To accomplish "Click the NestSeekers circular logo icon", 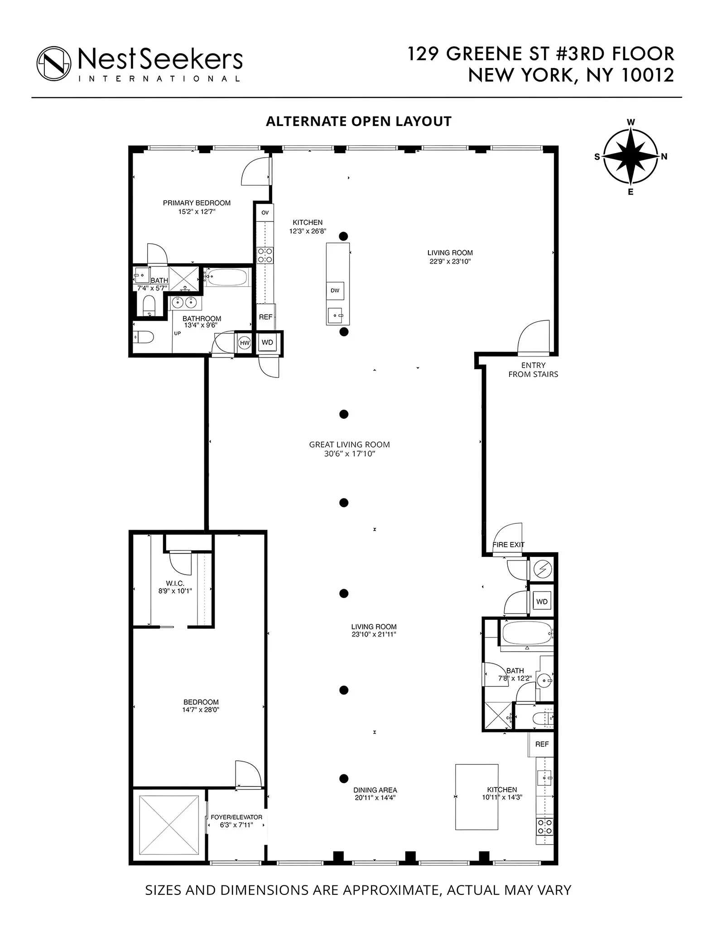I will coord(54,63).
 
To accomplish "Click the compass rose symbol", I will coord(630,156).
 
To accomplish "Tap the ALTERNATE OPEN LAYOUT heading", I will coord(358,121).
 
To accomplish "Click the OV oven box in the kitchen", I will coord(265,213).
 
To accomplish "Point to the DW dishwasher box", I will coord(335,290).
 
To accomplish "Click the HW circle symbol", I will coord(245,343).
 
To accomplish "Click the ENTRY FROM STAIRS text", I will coord(533,370).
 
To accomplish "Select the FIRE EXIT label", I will coord(508,545).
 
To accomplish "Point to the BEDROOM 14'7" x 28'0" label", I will coord(201,706).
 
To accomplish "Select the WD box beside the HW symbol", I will coord(267,343).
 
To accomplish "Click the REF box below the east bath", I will coord(542,744).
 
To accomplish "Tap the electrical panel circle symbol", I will coord(542,570).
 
